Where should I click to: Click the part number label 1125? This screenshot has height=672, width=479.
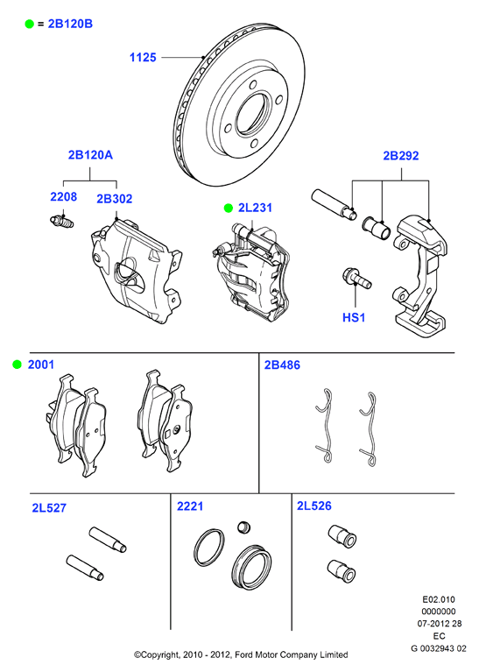tap(143, 58)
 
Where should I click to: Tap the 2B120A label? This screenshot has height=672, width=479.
tap(90, 155)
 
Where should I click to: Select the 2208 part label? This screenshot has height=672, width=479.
tap(63, 197)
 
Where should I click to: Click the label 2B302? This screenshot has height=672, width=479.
tap(115, 199)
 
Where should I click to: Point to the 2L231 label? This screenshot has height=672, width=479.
tap(255, 208)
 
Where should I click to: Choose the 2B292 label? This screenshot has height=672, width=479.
tap(400, 156)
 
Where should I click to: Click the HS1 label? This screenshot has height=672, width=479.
tap(354, 317)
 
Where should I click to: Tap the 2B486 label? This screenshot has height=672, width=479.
tap(282, 365)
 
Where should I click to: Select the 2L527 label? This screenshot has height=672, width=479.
tap(49, 508)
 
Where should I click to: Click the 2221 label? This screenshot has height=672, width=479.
tap(190, 506)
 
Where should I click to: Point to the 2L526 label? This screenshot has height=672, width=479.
tap(314, 506)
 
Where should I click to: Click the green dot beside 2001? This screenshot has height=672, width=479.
tap(18, 364)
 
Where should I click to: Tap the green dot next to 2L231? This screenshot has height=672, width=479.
tap(228, 209)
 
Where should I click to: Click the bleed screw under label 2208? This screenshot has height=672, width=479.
tap(61, 222)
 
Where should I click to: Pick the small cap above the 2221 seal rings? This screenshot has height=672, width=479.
tap(243, 527)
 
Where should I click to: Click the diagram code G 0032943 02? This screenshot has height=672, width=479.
tap(439, 648)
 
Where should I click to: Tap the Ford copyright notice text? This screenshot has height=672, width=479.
tap(241, 654)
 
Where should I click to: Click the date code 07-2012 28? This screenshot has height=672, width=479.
tap(440, 624)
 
